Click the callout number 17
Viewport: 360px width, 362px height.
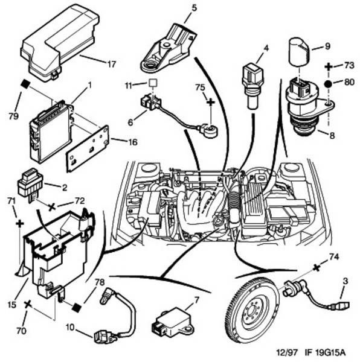[x=112, y=64]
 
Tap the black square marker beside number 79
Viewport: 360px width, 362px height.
[x=25, y=83]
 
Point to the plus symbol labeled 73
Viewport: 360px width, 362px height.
[x=329, y=67]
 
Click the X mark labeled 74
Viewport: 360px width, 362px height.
[x=317, y=268]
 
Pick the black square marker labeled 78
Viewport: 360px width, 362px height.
[x=76, y=307]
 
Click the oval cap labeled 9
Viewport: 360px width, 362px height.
[x=299, y=51]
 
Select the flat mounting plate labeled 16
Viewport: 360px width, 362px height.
[x=88, y=148]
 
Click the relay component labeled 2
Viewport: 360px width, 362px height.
[x=30, y=184]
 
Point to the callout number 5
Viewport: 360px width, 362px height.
[x=194, y=8]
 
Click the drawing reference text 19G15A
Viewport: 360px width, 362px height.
[x=326, y=352]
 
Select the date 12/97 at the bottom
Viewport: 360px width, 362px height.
[x=287, y=352]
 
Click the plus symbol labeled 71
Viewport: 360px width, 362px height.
[x=20, y=223]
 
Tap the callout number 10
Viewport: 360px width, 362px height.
[x=71, y=327]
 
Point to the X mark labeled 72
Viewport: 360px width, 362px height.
[x=52, y=207]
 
